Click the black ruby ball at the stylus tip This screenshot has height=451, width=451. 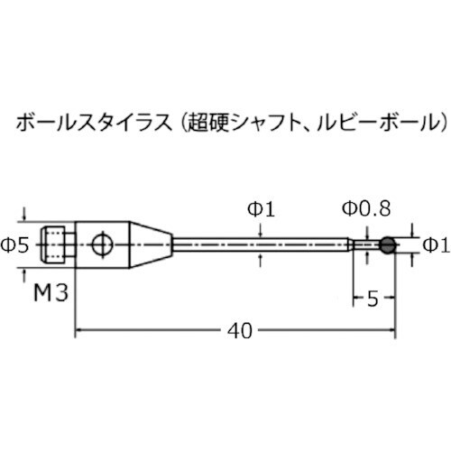(x=388, y=244)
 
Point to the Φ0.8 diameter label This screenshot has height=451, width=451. (x=366, y=209)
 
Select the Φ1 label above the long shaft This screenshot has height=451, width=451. (x=260, y=209)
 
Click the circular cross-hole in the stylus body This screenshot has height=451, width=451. (x=103, y=244)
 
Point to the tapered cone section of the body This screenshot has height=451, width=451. (x=154, y=244)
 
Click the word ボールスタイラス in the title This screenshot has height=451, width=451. (x=81, y=120)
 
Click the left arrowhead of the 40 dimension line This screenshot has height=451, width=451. (x=78, y=333)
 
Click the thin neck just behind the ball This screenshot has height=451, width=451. (x=366, y=244)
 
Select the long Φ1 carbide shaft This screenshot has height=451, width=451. (x=262, y=244)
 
